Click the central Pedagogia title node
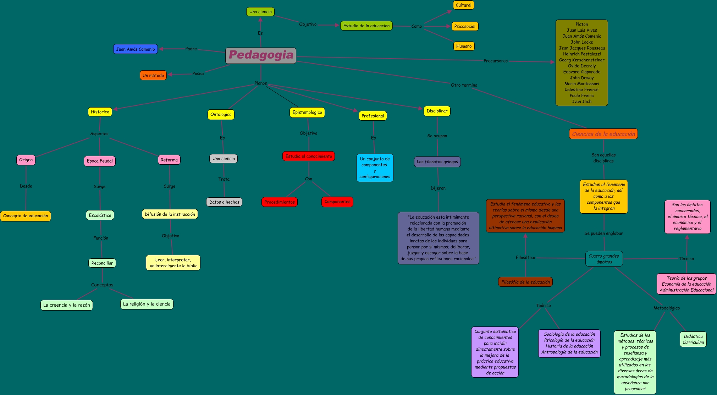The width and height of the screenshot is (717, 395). point(261,55)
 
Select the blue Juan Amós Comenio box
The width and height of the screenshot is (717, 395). point(136,49)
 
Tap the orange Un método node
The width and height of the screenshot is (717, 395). point(153,75)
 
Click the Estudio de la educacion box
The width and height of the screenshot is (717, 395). point(366,26)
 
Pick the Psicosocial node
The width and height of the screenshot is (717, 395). point(465,26)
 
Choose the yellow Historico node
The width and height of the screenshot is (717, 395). point(100,112)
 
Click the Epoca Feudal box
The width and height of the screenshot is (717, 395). point(100,161)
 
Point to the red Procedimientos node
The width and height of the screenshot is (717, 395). point(280,202)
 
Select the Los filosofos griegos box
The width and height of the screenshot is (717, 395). point(437,161)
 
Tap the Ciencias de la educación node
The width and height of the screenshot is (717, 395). point(603,134)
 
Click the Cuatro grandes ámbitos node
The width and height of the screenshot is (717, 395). point(604,259)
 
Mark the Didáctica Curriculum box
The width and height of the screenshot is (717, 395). point(693,339)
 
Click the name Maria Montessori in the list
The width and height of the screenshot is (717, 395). point(582,84)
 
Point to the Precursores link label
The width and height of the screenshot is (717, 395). point(496,61)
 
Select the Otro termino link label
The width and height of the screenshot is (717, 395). point(464,85)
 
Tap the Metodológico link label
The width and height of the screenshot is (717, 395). point(667,308)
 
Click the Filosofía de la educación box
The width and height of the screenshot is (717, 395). point(525,282)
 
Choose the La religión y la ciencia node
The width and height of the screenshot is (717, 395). point(147,304)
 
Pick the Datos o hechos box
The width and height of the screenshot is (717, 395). point(224,202)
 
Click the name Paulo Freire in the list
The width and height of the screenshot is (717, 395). point(582,95)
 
